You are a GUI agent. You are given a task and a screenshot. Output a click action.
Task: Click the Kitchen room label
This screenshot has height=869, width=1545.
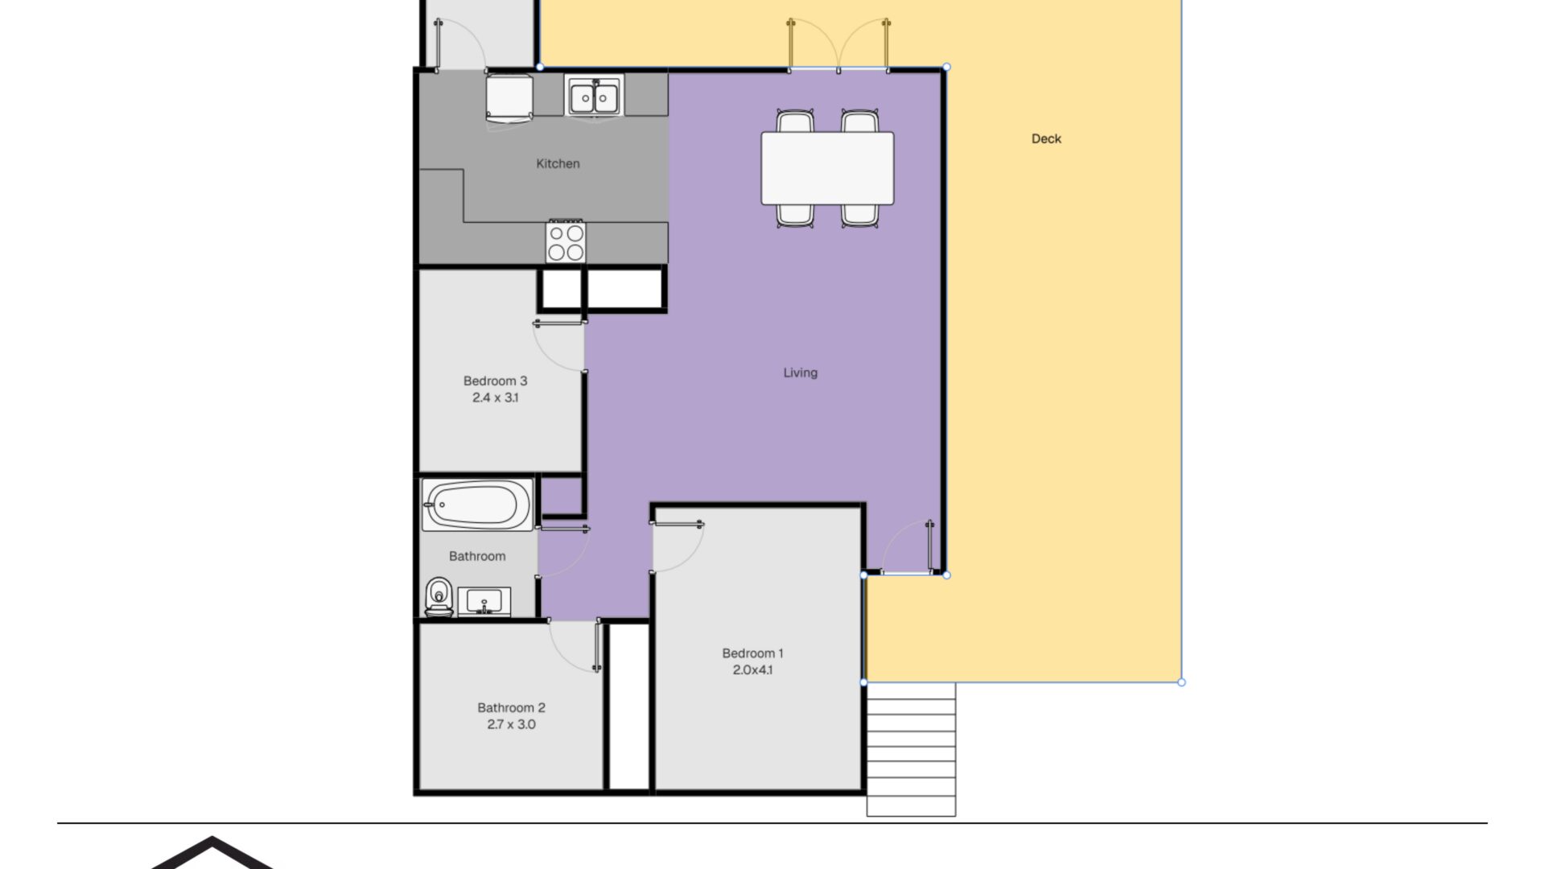(558, 163)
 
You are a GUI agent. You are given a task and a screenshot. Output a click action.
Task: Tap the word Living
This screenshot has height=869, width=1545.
(800, 373)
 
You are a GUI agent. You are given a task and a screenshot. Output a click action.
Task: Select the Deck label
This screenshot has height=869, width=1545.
(1046, 138)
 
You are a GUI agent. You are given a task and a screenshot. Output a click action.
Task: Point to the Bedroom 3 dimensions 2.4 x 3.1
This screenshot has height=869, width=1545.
(495, 397)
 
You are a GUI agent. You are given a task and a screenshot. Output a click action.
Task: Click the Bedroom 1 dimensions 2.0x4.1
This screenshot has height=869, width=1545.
(752, 669)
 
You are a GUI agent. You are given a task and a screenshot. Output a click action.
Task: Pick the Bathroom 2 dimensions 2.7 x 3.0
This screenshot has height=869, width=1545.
(511, 724)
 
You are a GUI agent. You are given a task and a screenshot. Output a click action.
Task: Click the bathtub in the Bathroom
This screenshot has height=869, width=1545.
(477, 505)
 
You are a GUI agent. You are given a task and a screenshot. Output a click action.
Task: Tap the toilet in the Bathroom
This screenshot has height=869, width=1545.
(439, 597)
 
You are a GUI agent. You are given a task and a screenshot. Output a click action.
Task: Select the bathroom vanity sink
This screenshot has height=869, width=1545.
(484, 601)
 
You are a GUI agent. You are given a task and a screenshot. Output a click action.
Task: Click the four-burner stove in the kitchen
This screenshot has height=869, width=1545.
(566, 242)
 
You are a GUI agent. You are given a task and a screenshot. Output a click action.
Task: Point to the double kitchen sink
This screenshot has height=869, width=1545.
(594, 97)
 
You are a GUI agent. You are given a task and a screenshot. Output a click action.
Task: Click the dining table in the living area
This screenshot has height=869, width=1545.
(827, 168)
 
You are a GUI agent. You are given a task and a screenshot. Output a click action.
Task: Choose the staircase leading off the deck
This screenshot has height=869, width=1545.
(911, 749)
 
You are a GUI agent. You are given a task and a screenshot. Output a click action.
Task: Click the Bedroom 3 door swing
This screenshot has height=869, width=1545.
(558, 346)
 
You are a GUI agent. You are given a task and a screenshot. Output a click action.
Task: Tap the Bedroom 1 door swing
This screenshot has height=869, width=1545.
(677, 547)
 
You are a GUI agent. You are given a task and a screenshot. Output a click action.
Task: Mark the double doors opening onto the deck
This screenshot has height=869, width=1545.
(838, 45)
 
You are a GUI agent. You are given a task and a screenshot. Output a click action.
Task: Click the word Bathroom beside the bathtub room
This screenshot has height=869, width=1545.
(477, 556)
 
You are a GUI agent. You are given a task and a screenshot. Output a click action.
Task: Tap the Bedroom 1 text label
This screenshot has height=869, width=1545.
(752, 653)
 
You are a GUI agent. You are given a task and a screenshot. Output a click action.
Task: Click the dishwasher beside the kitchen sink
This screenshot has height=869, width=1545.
(509, 98)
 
